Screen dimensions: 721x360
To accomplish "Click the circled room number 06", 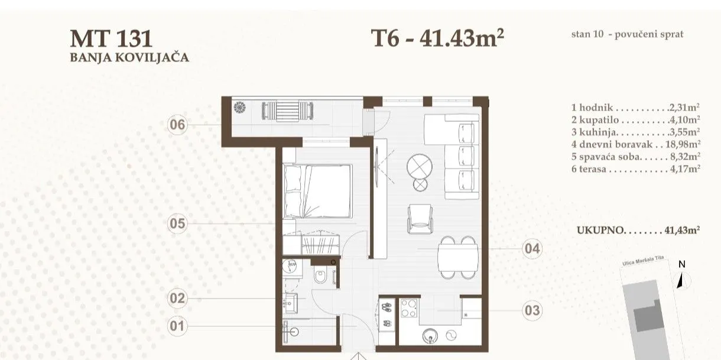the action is point(177,125).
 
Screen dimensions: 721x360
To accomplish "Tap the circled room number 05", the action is point(177,223).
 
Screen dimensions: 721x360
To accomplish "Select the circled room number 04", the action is point(532,249).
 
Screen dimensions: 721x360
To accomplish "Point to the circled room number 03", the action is point(532,310).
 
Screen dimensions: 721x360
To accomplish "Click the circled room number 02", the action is point(177,298).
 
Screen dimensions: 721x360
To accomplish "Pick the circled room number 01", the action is point(177,326).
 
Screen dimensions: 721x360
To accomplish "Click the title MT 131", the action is point(111,38).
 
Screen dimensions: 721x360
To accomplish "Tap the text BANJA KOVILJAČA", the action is point(129,57).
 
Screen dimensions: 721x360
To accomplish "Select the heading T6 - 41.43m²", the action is point(437,38).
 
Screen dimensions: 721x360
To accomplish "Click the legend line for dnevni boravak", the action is point(636,144).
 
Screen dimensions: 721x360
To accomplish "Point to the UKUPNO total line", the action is point(638,230).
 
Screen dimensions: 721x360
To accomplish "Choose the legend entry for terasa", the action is point(636,168).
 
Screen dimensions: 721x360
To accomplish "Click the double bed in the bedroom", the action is point(317,191).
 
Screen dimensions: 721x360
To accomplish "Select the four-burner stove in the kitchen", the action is point(409,308).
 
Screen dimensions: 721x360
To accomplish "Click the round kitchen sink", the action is point(430,336).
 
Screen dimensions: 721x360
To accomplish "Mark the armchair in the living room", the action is point(420,219).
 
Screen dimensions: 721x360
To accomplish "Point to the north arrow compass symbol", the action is point(682,280).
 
